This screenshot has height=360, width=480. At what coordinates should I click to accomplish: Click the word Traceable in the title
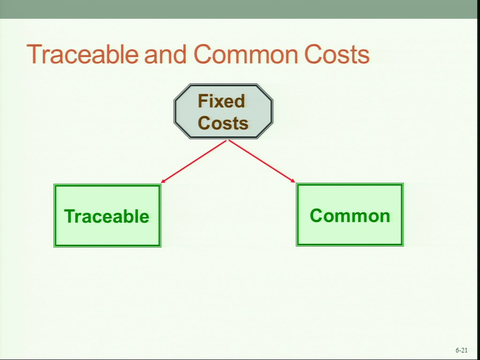[82, 54]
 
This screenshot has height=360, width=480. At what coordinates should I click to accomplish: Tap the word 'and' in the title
[165, 54]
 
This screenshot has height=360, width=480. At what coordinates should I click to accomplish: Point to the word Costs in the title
[337, 54]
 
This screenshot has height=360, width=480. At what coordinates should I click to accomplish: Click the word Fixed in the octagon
[222, 101]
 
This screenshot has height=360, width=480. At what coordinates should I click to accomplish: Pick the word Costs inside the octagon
[223, 123]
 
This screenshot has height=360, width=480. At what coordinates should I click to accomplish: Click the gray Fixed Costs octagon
[223, 112]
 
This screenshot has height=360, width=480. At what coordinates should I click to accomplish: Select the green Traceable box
[107, 216]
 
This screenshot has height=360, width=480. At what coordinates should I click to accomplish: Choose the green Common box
[350, 215]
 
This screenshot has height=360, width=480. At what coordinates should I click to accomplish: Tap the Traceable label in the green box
[106, 216]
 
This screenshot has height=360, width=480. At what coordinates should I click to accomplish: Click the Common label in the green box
[350, 216]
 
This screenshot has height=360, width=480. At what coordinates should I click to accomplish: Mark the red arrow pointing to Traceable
[194, 162]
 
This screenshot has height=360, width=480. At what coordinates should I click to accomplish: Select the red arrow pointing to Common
[262, 161]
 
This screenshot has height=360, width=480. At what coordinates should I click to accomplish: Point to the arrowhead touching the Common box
[293, 181]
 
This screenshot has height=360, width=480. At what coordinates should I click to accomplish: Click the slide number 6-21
[461, 350]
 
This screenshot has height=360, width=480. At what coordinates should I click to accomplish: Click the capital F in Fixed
[203, 101]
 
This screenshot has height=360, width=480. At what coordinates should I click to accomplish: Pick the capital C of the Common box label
[316, 216]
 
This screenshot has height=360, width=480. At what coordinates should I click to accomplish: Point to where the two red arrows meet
[227, 140]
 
